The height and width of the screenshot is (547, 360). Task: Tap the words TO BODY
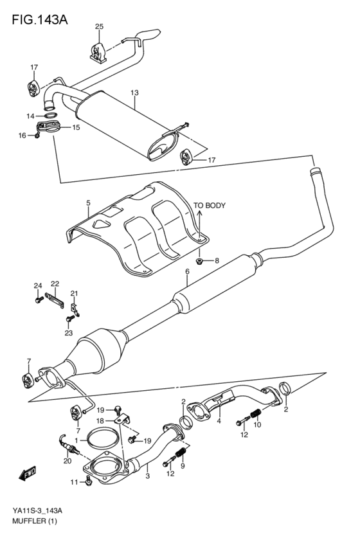[x=210, y=206]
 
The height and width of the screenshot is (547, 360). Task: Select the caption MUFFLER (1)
[x=33, y=521]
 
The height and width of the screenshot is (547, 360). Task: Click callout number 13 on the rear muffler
[x=134, y=93]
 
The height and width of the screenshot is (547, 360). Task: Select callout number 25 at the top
[x=99, y=26]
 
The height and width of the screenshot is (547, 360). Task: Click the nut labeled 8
[x=199, y=260]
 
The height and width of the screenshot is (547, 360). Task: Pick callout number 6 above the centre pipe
[x=187, y=272]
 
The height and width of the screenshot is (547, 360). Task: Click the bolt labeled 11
[x=89, y=481]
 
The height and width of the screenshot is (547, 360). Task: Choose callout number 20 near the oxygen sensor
[x=67, y=460]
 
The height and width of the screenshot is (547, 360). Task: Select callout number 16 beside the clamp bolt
[x=21, y=135]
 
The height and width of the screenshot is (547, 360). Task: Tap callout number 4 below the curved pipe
[x=219, y=422]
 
